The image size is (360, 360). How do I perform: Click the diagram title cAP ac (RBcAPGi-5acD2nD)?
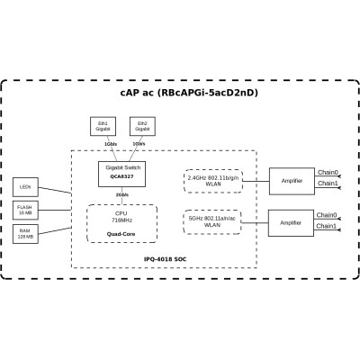pyautogui.click(x=180, y=94)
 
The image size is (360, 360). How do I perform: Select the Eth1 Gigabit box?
pyautogui.click(x=103, y=125)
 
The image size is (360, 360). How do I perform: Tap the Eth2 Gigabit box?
pyautogui.click(x=142, y=125)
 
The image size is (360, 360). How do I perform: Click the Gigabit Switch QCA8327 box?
pyautogui.click(x=121, y=173)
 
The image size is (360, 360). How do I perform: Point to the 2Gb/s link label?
pyautogui.click(x=121, y=194)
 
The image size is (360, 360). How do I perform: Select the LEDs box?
pyautogui.click(x=25, y=187)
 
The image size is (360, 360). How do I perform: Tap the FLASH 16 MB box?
pyautogui.click(x=25, y=209)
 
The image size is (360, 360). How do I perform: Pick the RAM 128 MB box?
pyautogui.click(x=25, y=233)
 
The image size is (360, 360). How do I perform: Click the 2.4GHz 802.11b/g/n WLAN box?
pyautogui.click(x=212, y=180)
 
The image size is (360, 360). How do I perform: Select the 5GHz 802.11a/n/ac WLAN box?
pyautogui.click(x=212, y=220)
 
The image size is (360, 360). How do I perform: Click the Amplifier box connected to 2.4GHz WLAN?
pyautogui.click(x=291, y=181)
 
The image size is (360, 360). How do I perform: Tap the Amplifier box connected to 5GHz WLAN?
pyautogui.click(x=291, y=222)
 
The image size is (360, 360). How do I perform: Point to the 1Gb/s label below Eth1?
pyautogui.click(x=110, y=143)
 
